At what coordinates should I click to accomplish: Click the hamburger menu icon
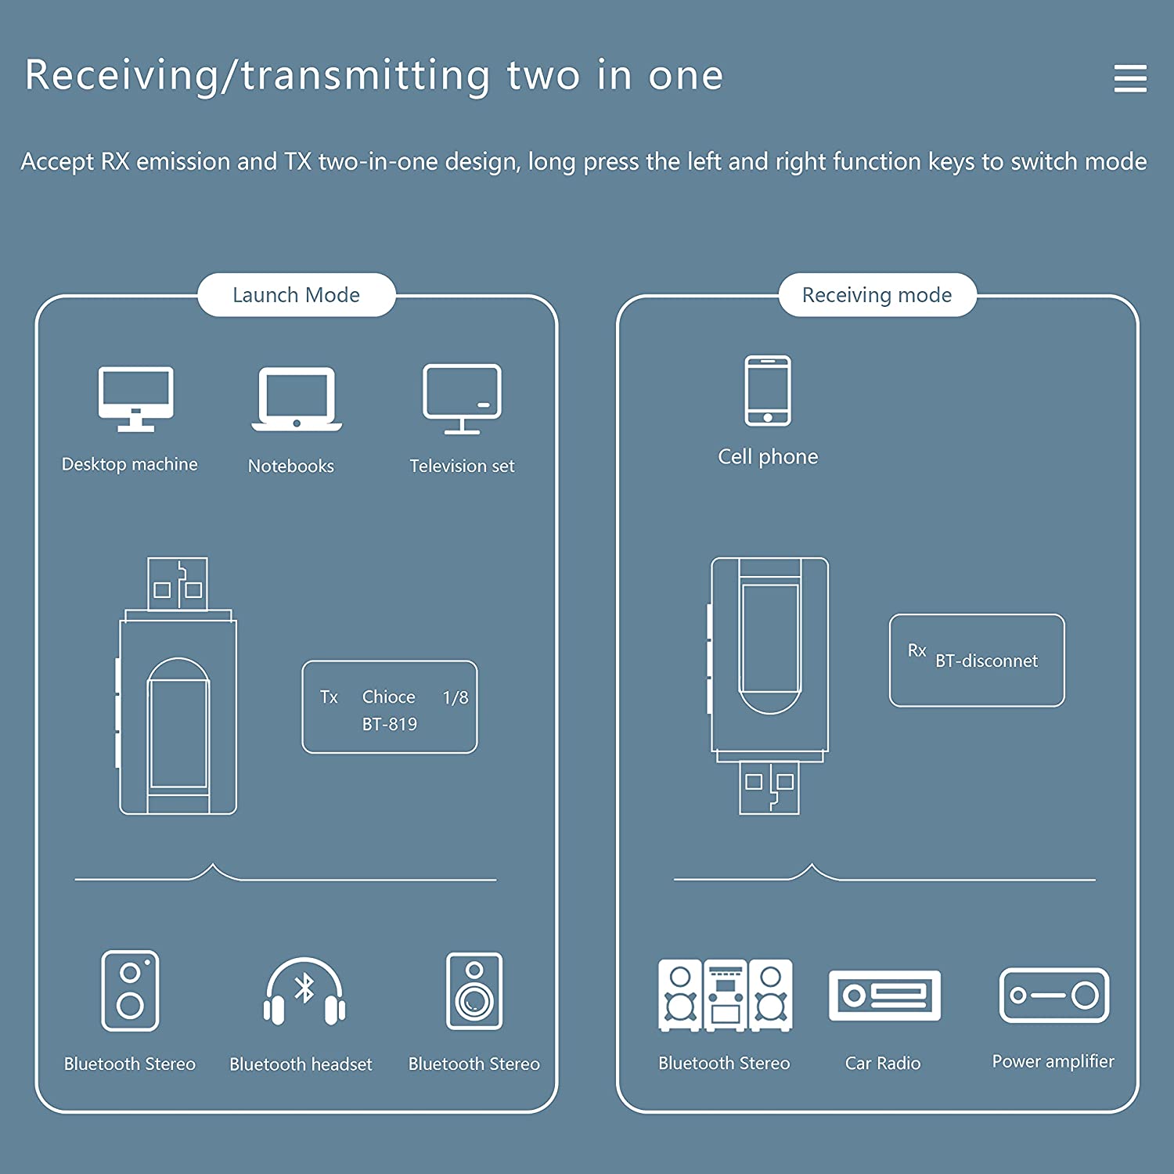coord(1130,78)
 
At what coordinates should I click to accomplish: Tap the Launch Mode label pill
coord(297,295)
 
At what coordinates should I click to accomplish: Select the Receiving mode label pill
coord(877,295)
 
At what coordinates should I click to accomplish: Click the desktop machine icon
coord(136,398)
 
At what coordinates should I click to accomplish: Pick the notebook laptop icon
coord(297,398)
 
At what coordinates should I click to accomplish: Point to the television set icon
coord(462,398)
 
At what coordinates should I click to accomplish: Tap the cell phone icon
coord(768,391)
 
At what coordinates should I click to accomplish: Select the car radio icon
coord(884,996)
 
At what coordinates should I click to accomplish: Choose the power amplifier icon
coord(1054,996)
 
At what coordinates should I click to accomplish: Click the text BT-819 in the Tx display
coord(390,725)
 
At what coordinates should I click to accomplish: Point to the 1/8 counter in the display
coord(456,697)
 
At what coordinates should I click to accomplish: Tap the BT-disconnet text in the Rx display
coord(986,661)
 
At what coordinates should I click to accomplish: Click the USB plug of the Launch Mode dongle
coord(178,584)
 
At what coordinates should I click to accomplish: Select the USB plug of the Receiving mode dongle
coord(770,788)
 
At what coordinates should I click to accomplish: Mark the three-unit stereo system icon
coord(725,996)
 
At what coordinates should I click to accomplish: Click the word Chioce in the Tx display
coord(389,697)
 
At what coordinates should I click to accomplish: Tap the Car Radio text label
coord(883,1063)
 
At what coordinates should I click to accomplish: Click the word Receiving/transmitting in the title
coord(257,76)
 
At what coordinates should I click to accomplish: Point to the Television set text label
coord(462,466)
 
